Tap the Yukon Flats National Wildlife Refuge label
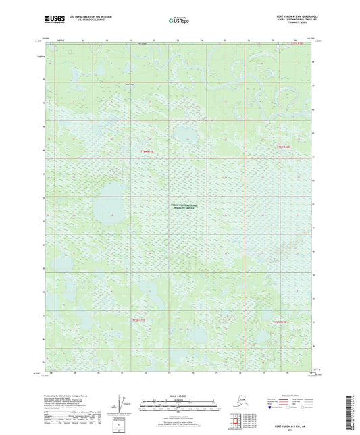pos(184,208)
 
